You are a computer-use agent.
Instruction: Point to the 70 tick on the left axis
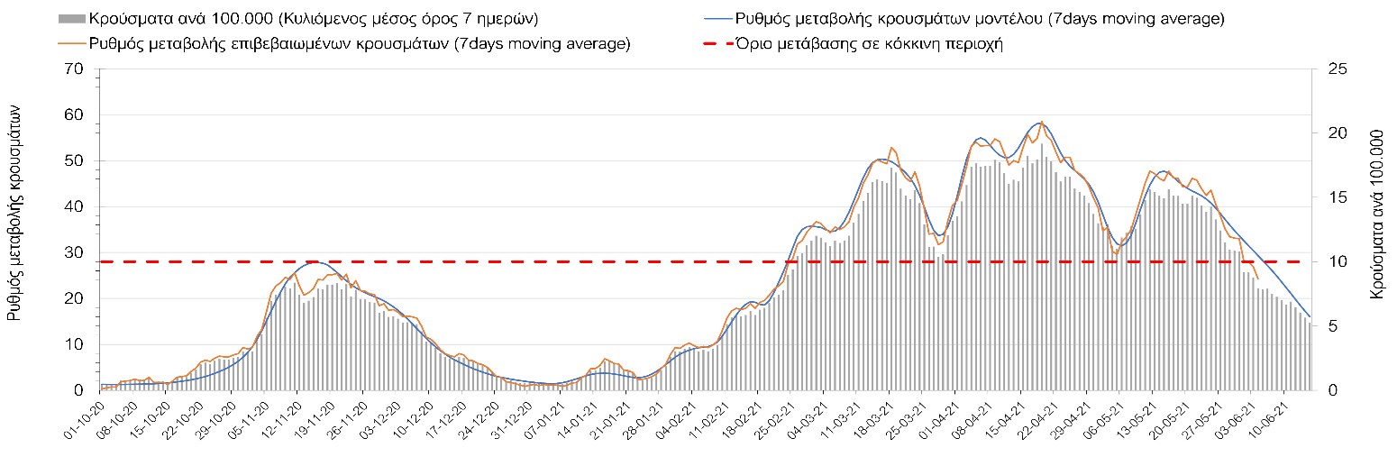point(74,69)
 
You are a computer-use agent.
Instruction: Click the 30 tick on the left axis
point(74,253)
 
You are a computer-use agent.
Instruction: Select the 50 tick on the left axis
point(74,161)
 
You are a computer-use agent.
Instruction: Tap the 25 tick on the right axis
point(1328,69)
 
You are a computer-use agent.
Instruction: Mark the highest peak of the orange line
point(1042,121)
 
